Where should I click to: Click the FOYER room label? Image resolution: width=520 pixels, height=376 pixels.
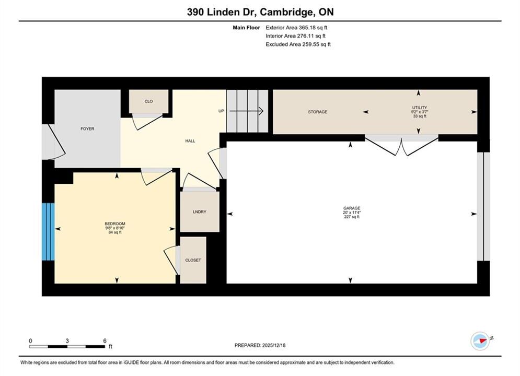87,128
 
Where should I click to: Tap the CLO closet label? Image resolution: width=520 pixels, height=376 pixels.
148,101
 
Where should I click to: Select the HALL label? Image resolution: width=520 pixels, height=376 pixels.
190,141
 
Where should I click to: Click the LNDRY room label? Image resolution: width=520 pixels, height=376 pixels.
199,211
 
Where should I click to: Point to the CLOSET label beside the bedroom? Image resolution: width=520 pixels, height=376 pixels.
193,261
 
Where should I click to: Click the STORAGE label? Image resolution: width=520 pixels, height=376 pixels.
317,112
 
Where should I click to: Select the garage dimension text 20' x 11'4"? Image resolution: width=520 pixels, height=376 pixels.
352,213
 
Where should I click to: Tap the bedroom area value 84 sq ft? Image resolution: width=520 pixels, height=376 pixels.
115,232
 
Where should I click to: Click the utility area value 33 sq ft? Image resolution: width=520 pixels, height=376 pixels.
420,116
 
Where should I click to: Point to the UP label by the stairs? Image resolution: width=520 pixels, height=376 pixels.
221,111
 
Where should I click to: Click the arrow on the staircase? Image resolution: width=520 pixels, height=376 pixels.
246,111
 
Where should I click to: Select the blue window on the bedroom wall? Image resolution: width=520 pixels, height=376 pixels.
48,231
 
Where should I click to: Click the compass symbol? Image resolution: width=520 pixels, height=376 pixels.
480,340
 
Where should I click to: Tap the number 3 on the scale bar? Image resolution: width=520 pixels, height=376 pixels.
67,340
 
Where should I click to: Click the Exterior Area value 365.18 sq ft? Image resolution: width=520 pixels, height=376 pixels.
313,28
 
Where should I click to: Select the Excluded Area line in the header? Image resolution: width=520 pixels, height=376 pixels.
298,44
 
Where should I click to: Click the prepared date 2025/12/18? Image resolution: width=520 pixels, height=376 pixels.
274,345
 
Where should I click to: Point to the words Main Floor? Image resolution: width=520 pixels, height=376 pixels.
246,28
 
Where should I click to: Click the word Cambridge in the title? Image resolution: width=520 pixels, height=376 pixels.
286,12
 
